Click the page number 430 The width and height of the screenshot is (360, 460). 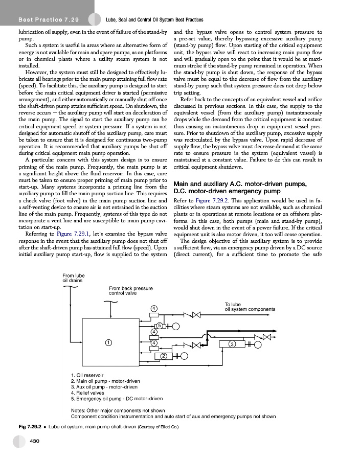pyautogui.click(x=35, y=440)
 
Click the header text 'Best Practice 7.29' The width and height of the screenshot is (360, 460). pyautogui.click(x=48, y=20)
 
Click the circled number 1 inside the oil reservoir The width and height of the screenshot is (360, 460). pyautogui.click(x=108, y=342)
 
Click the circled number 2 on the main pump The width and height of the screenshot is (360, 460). pyautogui.click(x=164, y=355)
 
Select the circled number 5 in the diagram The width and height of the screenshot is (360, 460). pyautogui.click(x=159, y=326)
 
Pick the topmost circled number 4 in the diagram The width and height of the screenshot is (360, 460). pyautogui.click(x=153, y=308)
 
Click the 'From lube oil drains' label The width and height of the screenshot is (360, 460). pyautogui.click(x=74, y=278)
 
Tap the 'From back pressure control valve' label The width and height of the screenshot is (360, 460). pyautogui.click(x=131, y=291)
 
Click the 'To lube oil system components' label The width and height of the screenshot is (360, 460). pyautogui.click(x=250, y=307)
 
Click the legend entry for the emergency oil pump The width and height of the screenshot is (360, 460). pyautogui.click(x=117, y=398)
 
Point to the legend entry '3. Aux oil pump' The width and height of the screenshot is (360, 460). pyautogui.click(x=105, y=387)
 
